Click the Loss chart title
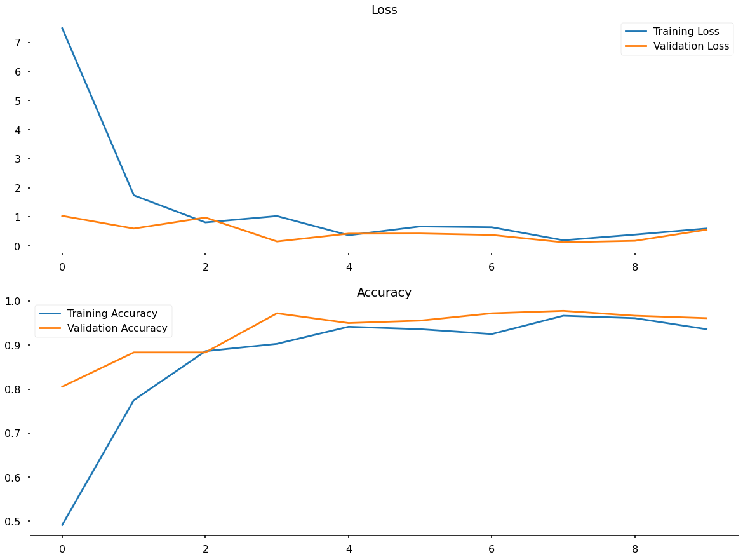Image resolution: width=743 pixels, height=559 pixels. tap(384, 10)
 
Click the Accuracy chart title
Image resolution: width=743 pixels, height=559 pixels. tap(384, 292)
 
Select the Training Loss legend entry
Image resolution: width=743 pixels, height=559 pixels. tap(686, 32)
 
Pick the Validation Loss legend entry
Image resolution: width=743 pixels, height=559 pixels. tap(691, 46)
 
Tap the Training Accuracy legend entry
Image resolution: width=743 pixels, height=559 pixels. tap(112, 314)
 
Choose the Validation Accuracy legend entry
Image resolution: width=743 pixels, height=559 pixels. tap(117, 328)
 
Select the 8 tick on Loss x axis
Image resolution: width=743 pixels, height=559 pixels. tap(635, 267)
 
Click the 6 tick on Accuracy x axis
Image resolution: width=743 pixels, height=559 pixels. tap(492, 549)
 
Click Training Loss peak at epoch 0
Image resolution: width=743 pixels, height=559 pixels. tap(62, 29)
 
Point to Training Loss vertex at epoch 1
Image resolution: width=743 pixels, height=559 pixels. tap(134, 195)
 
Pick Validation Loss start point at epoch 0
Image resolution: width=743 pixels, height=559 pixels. tap(62, 216)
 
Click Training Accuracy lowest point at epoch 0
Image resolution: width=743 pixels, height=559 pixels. tap(62, 525)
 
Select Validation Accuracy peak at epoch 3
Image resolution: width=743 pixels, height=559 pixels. tap(277, 313)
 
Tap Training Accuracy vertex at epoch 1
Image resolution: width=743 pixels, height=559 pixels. tap(134, 400)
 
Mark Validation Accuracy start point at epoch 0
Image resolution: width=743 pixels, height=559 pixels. tap(62, 386)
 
